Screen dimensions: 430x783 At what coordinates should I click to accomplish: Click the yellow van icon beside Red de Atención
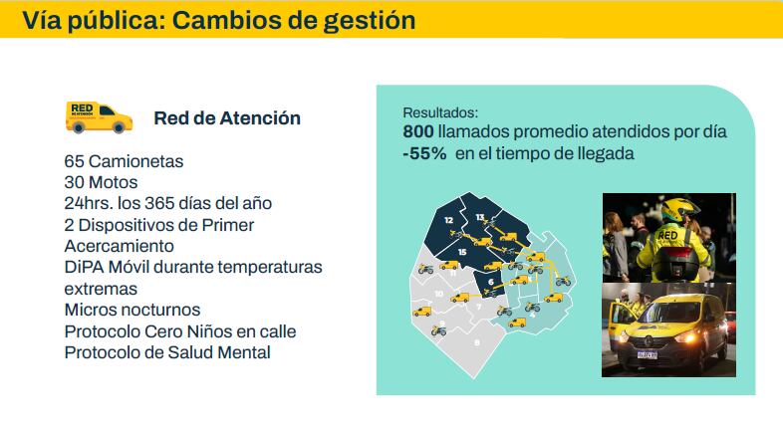99,117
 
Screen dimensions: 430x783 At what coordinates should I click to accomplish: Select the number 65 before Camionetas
74,161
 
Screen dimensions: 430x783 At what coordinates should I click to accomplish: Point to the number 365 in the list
162,203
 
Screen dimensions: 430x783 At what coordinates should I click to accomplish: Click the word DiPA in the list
83,267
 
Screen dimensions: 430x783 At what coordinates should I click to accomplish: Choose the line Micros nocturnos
131,310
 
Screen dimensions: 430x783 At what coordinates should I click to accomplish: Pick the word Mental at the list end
244,352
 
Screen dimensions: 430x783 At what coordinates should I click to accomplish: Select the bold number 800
417,131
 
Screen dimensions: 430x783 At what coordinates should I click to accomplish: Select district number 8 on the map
476,342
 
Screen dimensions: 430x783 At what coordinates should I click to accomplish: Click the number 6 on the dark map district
490,282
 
